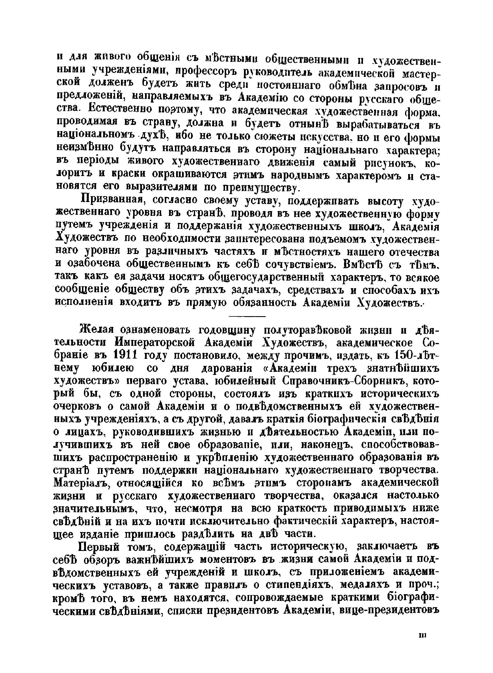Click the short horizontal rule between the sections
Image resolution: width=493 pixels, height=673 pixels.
(x=247, y=316)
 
